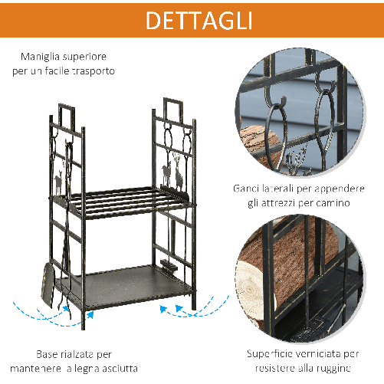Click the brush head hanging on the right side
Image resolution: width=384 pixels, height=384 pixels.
click(x=168, y=267)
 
